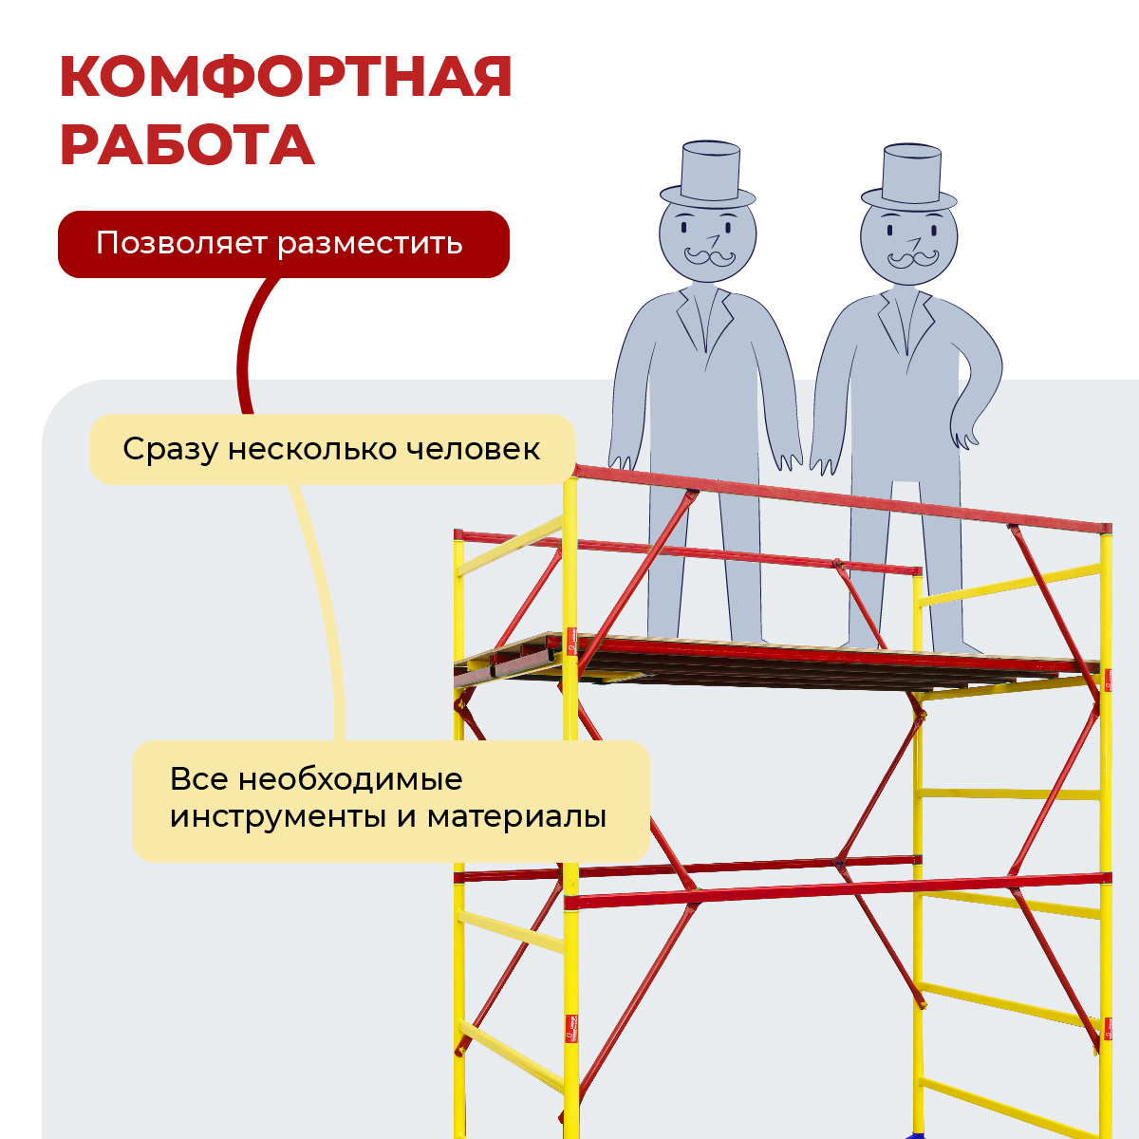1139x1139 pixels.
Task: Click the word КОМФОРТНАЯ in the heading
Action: point(286,77)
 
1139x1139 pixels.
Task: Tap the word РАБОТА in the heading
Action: point(187,145)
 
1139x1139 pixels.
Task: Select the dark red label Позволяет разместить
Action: point(284,244)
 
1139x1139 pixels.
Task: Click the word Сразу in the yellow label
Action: point(170,450)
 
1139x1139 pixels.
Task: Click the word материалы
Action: point(516,818)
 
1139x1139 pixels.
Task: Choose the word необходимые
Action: point(350,779)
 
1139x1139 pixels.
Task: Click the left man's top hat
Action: point(707,174)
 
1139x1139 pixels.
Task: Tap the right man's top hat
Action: point(909,177)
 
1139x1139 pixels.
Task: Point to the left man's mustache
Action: point(709,256)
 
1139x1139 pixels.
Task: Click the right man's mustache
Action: point(912,258)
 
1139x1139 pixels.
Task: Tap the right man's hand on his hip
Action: point(963,435)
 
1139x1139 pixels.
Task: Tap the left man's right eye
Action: point(684,227)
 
